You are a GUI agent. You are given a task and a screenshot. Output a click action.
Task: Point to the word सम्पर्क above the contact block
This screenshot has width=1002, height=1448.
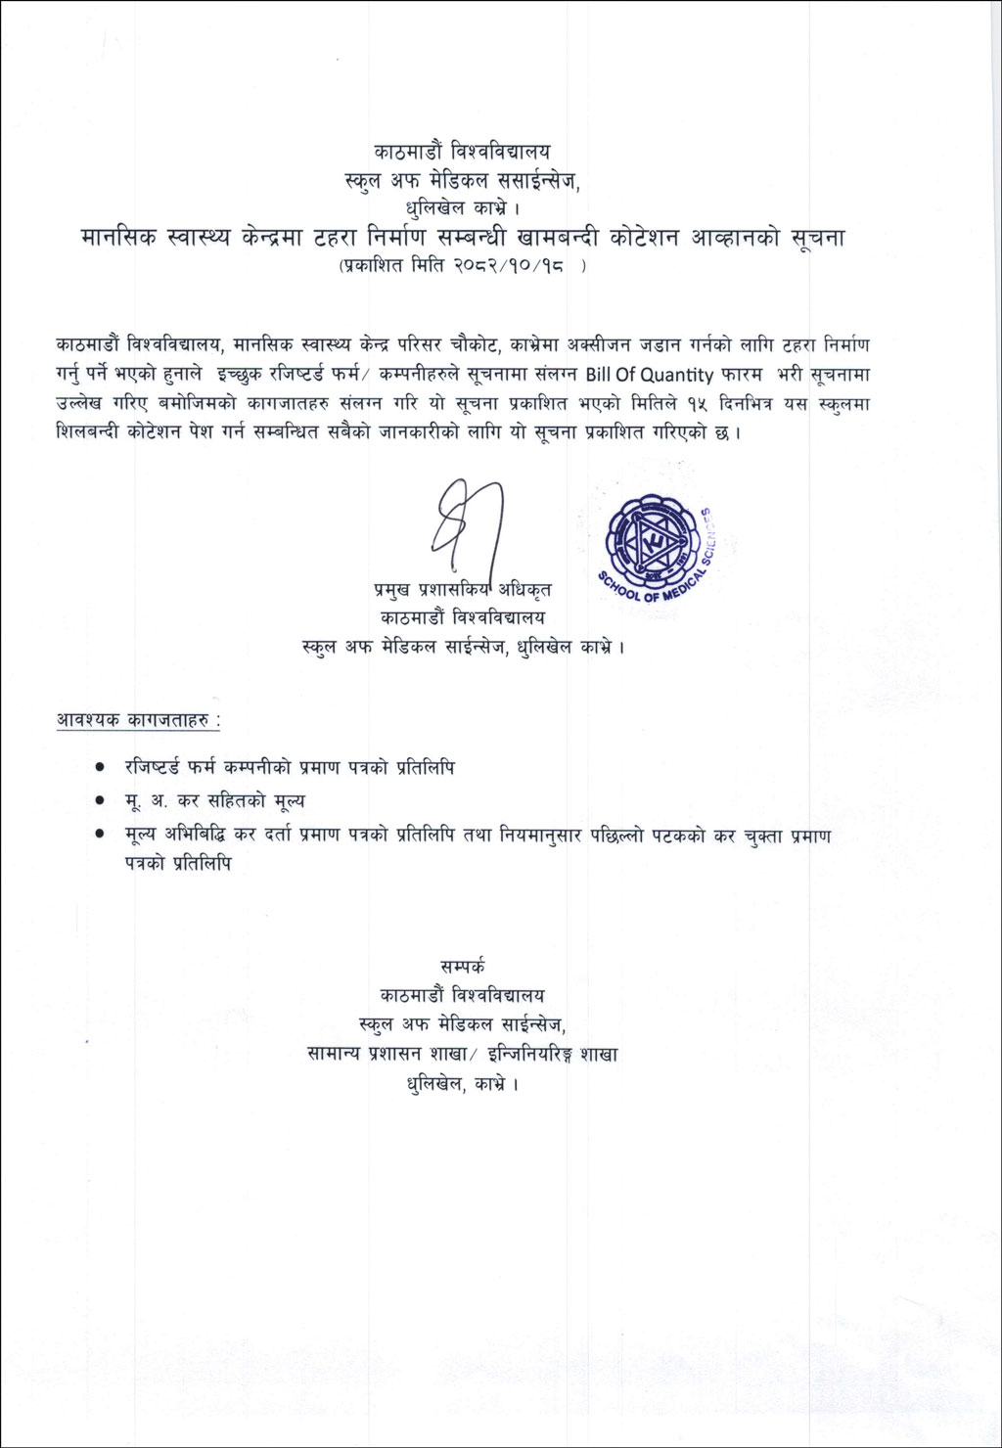click(x=462, y=964)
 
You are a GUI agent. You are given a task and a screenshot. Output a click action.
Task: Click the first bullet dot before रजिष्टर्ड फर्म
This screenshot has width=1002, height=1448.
click(x=101, y=768)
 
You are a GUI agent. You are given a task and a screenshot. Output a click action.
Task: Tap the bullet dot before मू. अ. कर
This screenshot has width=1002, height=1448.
click(x=101, y=801)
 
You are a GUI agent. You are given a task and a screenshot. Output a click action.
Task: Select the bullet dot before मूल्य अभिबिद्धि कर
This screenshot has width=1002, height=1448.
click(x=101, y=835)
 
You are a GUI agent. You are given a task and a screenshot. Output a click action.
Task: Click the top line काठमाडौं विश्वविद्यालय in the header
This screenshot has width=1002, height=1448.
click(x=462, y=152)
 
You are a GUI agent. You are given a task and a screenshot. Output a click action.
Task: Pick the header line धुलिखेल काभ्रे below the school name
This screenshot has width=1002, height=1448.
click(x=462, y=206)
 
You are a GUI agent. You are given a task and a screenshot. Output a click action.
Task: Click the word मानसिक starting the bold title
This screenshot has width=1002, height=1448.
click(x=117, y=237)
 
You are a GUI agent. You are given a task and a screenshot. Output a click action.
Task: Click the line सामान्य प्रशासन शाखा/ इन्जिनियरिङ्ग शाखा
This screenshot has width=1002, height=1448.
click(x=462, y=1055)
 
